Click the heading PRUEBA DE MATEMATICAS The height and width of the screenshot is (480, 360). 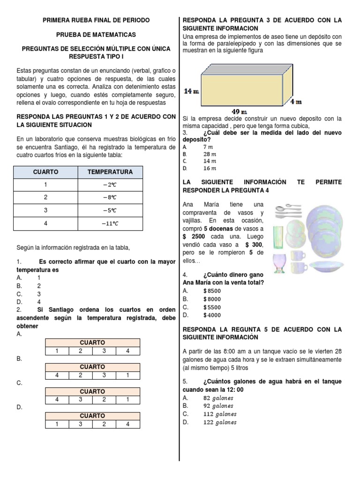[96, 35]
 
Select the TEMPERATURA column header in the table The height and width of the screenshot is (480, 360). [110, 172]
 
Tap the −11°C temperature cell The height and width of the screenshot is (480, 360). [110, 223]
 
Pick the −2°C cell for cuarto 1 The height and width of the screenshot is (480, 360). [110, 185]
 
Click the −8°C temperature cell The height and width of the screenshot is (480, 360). [110, 197]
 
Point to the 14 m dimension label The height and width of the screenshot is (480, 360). [191, 91]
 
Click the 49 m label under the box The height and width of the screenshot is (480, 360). [239, 111]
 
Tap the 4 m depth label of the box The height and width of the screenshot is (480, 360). [295, 101]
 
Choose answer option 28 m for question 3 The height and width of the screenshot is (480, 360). [210, 154]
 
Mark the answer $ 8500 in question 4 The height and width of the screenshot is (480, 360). [212, 291]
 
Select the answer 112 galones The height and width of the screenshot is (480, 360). [220, 414]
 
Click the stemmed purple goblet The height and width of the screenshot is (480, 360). [279, 262]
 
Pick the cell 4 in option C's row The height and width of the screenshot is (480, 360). [57, 400]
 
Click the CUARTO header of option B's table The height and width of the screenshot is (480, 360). [92, 367]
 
